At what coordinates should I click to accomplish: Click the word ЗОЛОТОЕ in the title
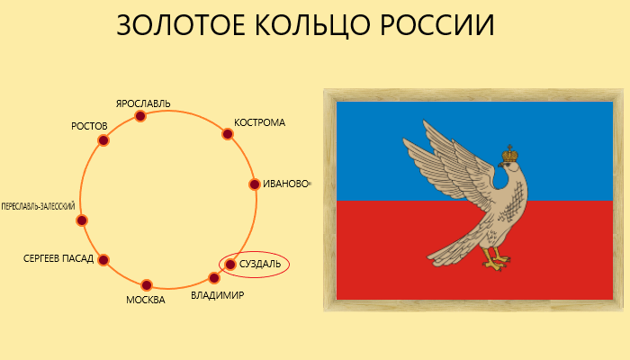tap(180, 25)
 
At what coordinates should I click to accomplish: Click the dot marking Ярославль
tap(139, 116)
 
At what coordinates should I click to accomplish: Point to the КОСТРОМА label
tap(259, 122)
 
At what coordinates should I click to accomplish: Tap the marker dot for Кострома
tap(228, 134)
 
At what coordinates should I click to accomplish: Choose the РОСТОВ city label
tap(89, 126)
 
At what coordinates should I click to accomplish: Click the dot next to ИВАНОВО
tap(255, 184)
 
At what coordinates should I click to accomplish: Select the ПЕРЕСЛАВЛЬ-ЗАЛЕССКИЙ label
tap(38, 206)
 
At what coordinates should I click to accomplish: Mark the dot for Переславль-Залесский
tap(82, 220)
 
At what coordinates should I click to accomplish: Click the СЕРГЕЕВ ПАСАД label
tap(58, 258)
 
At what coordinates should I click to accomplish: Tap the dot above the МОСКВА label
tap(146, 285)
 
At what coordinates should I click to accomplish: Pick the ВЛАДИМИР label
tap(218, 296)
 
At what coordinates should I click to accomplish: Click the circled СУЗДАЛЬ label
tap(260, 265)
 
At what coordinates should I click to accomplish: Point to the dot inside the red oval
tap(229, 265)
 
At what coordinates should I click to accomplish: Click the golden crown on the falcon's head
tap(509, 154)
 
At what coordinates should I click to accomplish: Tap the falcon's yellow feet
tap(497, 260)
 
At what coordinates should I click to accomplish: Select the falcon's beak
tap(500, 165)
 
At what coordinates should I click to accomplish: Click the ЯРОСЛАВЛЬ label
tap(143, 103)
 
